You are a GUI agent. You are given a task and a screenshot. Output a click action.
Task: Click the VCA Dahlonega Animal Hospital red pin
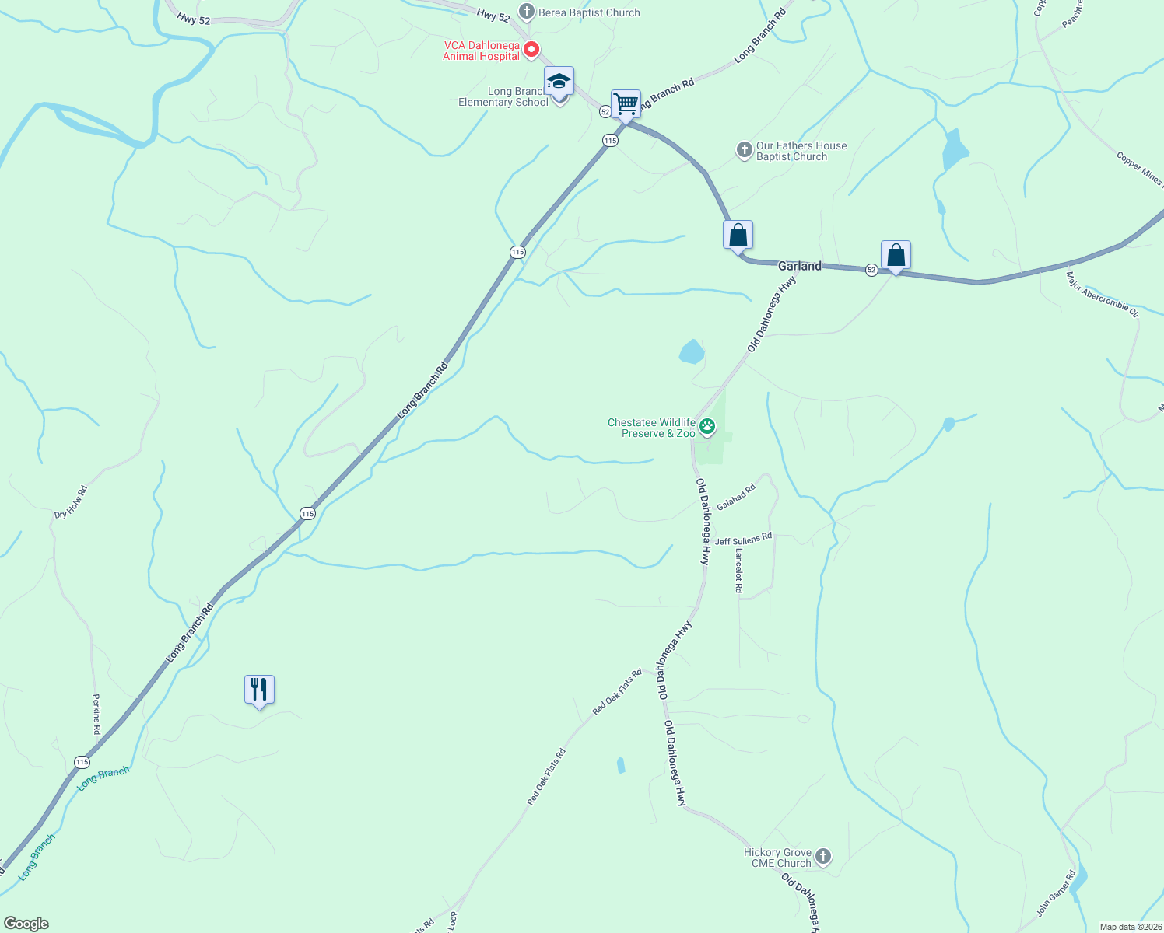tap(531, 50)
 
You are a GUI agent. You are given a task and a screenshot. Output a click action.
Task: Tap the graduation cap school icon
tap(559, 81)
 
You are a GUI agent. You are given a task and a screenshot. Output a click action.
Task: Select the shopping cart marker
tap(626, 103)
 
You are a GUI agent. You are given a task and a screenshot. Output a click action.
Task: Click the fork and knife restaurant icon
tap(259, 689)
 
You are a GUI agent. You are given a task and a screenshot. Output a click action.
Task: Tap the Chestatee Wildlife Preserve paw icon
tap(707, 425)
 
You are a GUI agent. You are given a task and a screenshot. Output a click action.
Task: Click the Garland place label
tap(799, 266)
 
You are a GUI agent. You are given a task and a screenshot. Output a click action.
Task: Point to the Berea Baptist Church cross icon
tap(527, 12)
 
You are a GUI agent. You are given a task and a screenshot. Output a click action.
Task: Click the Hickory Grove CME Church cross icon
tap(822, 857)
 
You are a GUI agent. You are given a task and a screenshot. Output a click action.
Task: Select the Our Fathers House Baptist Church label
tap(801, 151)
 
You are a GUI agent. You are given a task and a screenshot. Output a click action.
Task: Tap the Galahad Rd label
tap(736, 498)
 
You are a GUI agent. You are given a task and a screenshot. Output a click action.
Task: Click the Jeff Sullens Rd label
tap(743, 540)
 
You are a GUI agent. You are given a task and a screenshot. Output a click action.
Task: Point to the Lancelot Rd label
tap(739, 571)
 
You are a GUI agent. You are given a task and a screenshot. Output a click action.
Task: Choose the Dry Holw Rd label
tap(71, 501)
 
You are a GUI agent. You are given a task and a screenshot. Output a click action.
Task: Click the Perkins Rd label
tap(96, 715)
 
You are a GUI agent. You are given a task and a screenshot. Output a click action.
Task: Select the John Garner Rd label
tap(1056, 893)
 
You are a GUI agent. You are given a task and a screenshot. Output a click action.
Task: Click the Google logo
tap(26, 924)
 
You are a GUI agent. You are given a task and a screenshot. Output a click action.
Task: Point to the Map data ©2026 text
tap(1130, 927)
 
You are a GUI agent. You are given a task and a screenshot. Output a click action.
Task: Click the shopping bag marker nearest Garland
tap(738, 235)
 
